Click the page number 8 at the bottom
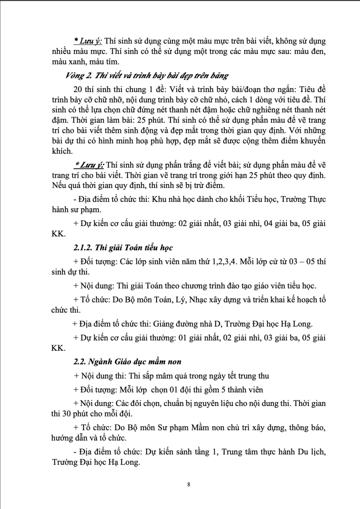tap(188, 484)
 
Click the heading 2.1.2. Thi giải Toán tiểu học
tap(123, 247)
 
